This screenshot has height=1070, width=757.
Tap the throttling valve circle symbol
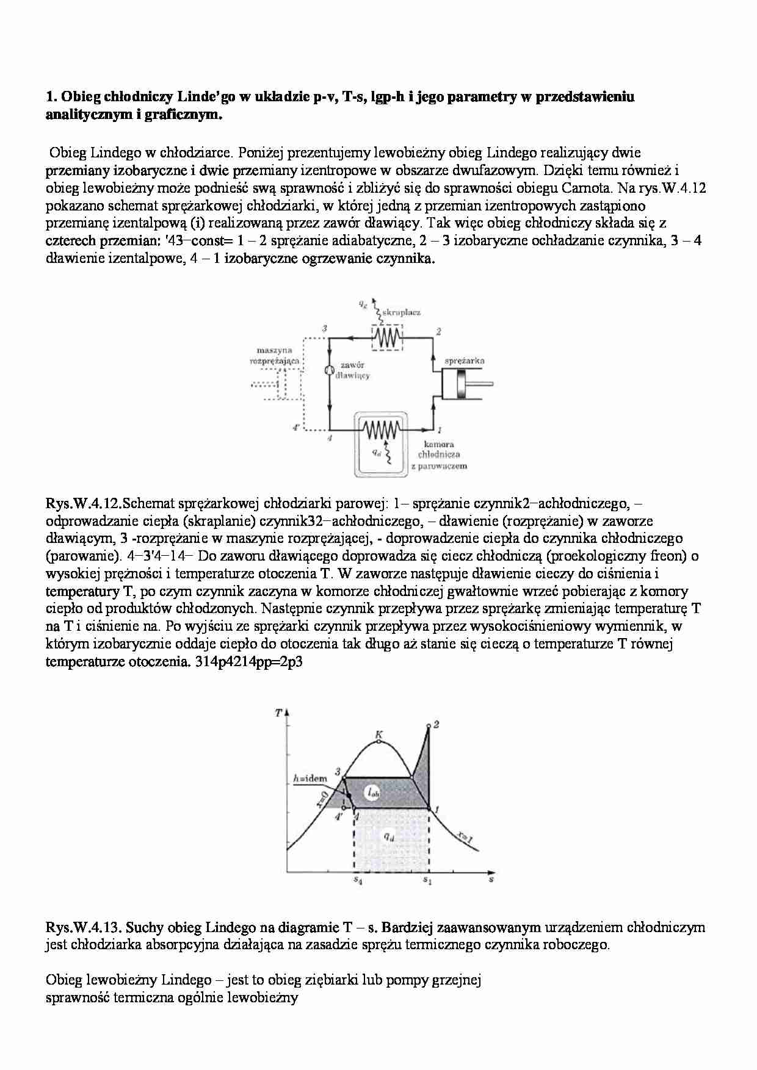pyautogui.click(x=329, y=370)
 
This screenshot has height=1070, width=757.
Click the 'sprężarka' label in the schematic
pyautogui.click(x=465, y=361)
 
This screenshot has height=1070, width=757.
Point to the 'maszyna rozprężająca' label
pyautogui.click(x=275, y=356)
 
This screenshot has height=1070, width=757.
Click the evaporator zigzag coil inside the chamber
pyautogui.click(x=380, y=430)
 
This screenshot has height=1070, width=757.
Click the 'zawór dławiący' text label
pyautogui.click(x=353, y=370)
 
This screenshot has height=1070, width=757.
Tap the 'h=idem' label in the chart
pyautogui.click(x=310, y=778)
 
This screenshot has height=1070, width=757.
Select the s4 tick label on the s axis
pyautogui.click(x=358, y=880)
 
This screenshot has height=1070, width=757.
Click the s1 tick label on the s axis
pyautogui.click(x=427, y=880)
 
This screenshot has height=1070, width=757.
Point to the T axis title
pyautogui.click(x=278, y=713)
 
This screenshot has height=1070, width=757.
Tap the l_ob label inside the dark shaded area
pyautogui.click(x=374, y=792)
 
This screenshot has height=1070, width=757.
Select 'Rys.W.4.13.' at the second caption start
pyautogui.click(x=84, y=928)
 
